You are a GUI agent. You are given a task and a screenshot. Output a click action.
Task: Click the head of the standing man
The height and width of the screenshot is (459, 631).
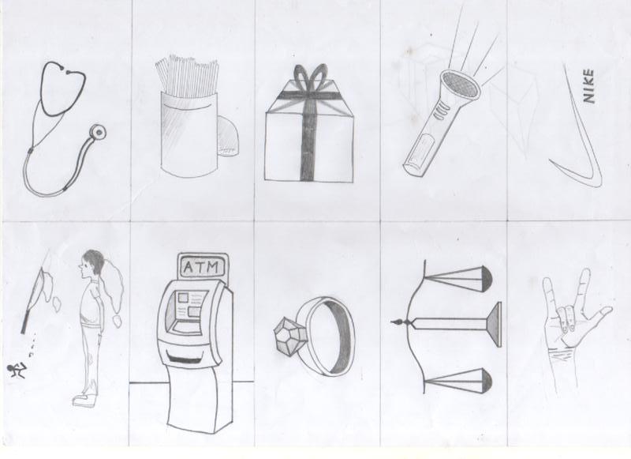click(93, 265)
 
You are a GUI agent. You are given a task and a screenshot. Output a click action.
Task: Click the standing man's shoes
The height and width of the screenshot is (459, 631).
click(85, 398)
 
